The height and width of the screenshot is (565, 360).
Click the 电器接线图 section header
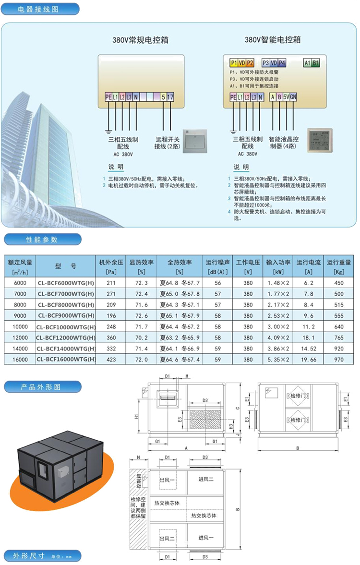click(x=39, y=9)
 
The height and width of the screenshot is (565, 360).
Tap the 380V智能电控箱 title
click(x=273, y=40)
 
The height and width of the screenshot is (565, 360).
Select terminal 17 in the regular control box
click(x=170, y=97)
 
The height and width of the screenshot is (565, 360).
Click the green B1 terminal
click(x=316, y=63)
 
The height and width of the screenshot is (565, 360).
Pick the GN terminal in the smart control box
click(x=293, y=97)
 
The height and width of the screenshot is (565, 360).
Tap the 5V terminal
click(x=286, y=97)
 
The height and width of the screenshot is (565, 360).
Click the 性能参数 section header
click(x=42, y=239)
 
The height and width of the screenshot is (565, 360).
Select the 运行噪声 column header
click(x=218, y=266)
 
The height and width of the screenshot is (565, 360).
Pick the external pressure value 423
click(x=111, y=360)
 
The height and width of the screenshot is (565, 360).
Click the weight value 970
click(x=339, y=360)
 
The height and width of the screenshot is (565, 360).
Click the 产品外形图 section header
click(x=42, y=386)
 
